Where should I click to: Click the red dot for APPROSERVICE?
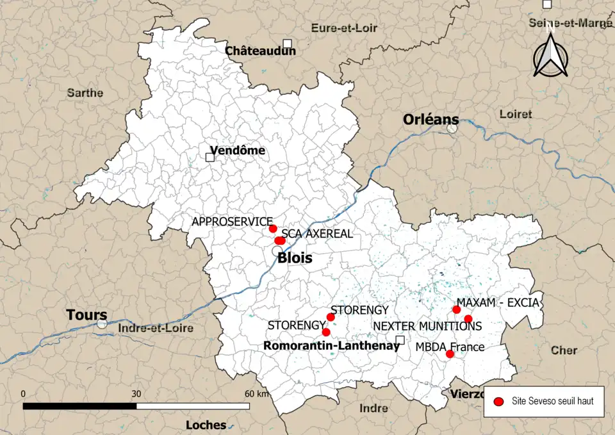coord(273,229)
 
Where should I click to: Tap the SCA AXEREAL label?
coord(317,234)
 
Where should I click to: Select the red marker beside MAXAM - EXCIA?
coord(456,310)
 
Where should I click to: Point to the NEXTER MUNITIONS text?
coord(427,326)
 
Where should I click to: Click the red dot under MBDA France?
coord(450,354)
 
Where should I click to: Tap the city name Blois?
coord(295,258)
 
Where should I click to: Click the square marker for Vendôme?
coord(209,157)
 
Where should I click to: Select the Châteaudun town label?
coord(260,51)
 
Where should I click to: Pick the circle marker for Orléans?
coord(452,127)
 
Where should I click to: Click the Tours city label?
coord(87,315)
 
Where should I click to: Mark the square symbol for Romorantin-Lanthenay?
coord(400,340)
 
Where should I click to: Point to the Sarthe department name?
coord(85,93)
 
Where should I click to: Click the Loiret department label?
coord(515,114)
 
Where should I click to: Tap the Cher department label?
coord(563,350)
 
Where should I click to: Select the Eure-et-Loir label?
coord(344,28)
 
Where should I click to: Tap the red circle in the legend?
coord(498,402)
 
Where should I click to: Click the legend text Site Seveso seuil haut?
coord(552,402)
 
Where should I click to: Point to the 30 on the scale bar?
coord(136,393)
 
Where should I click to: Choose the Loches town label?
coord(206,425)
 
